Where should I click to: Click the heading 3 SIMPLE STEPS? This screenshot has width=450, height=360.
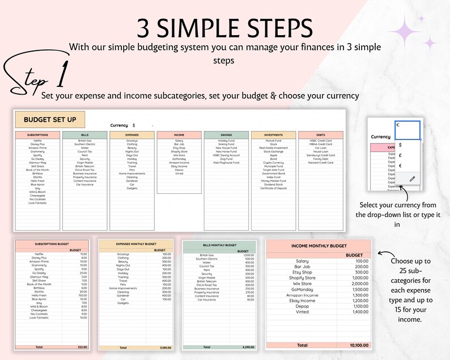click(224, 27)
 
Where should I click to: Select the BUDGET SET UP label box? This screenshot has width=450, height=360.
click(50, 120)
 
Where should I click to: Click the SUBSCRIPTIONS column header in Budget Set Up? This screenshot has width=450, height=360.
click(37, 135)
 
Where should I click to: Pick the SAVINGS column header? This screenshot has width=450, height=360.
click(226, 135)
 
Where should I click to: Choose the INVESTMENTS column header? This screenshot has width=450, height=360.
click(273, 135)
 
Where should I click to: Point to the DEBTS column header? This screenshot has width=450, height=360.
click(321, 135)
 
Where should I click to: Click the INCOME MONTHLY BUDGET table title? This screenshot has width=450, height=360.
click(319, 246)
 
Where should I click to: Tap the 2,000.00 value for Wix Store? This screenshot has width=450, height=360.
click(357, 283)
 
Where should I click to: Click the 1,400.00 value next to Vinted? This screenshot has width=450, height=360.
click(357, 312)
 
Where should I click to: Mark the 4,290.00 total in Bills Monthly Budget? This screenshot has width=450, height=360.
click(247, 347)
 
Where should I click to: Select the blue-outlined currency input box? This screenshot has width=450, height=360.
click(407, 129)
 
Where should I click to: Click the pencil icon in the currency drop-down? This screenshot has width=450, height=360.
click(413, 178)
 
